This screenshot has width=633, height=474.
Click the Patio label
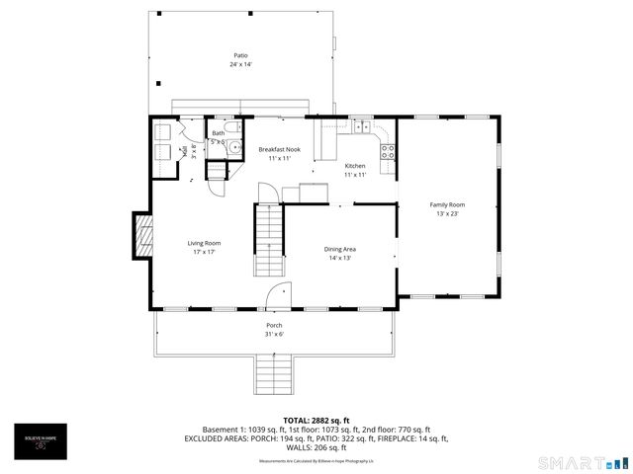pyautogui.click(x=240, y=56)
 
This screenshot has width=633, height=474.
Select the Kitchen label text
pyautogui.click(x=355, y=165)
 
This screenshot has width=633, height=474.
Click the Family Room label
pyautogui.click(x=447, y=204)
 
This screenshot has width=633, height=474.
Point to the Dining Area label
pyautogui.click(x=340, y=249)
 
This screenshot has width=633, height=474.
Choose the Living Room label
pyautogui.click(x=205, y=243)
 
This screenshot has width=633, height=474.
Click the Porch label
pyautogui.click(x=274, y=325)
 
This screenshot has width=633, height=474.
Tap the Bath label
pyautogui.click(x=218, y=133)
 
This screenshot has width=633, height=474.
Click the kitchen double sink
pyautogui.click(x=362, y=126)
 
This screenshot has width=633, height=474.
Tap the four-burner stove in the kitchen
pyautogui.click(x=389, y=152)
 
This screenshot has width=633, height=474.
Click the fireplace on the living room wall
pyautogui.click(x=143, y=235)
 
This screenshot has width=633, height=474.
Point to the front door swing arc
pyautogui.click(x=282, y=293)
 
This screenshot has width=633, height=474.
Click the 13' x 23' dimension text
pyautogui.click(x=447, y=213)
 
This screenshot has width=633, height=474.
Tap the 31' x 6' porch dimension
pyautogui.click(x=274, y=334)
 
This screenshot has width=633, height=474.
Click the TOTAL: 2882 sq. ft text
pyautogui.click(x=316, y=420)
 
